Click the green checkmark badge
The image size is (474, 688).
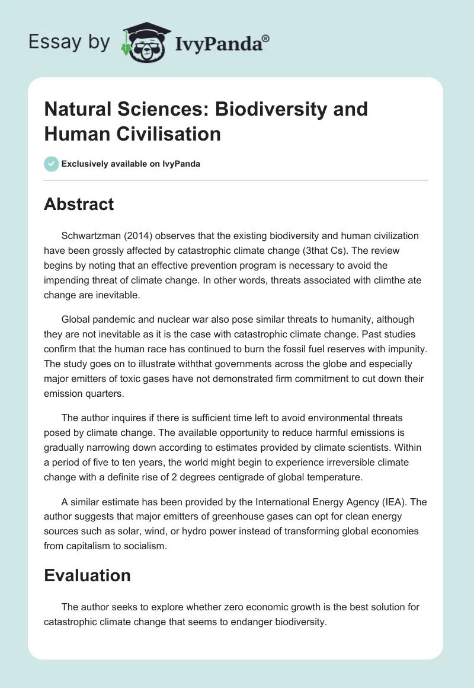(52, 164)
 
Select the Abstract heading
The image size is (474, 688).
(79, 204)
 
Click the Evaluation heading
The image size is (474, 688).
(87, 575)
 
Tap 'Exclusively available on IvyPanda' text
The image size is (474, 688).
(131, 164)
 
